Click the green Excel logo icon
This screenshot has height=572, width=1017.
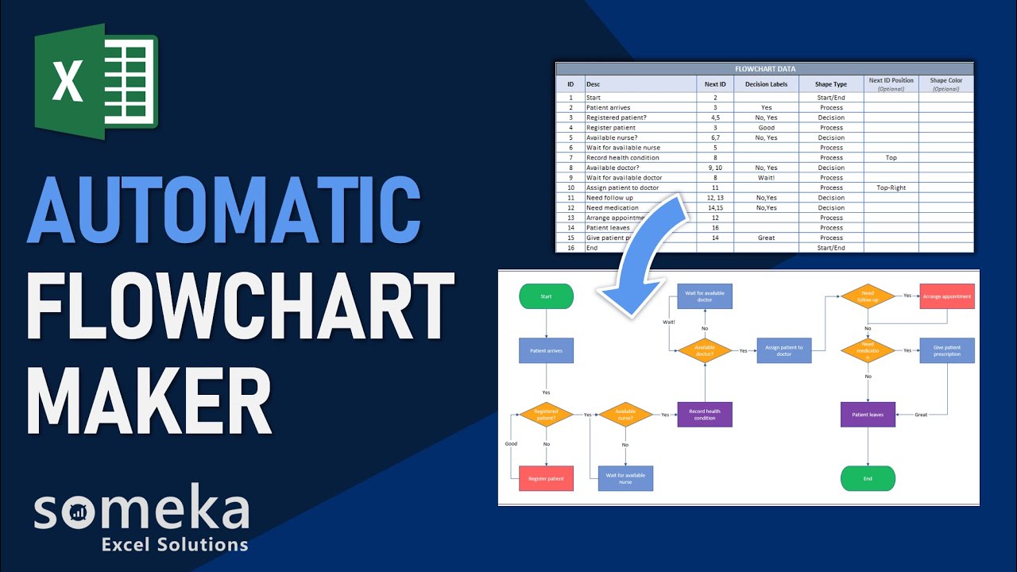point(96,82)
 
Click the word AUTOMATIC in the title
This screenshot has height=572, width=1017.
point(224,211)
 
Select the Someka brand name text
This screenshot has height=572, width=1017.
point(141,512)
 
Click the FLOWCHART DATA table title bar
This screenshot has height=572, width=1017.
point(764,69)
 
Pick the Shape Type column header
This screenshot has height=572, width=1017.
point(831,84)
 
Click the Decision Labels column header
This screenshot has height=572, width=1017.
point(766,84)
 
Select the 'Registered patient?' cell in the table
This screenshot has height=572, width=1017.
point(617,118)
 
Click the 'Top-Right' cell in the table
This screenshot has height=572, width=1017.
point(891,187)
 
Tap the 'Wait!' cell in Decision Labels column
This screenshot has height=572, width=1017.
point(766,178)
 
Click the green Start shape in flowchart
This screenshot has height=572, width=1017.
point(546,296)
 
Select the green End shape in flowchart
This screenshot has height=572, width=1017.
point(868,478)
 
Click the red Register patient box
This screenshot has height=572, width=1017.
point(546,478)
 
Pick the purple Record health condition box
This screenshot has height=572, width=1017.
point(705,415)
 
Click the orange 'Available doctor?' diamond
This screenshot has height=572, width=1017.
point(704,350)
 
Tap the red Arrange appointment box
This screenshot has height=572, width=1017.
point(947,296)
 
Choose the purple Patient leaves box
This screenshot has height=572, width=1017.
point(868,414)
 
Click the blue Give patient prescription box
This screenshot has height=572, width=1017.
point(947,350)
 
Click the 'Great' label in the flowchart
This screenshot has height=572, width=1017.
point(921,415)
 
